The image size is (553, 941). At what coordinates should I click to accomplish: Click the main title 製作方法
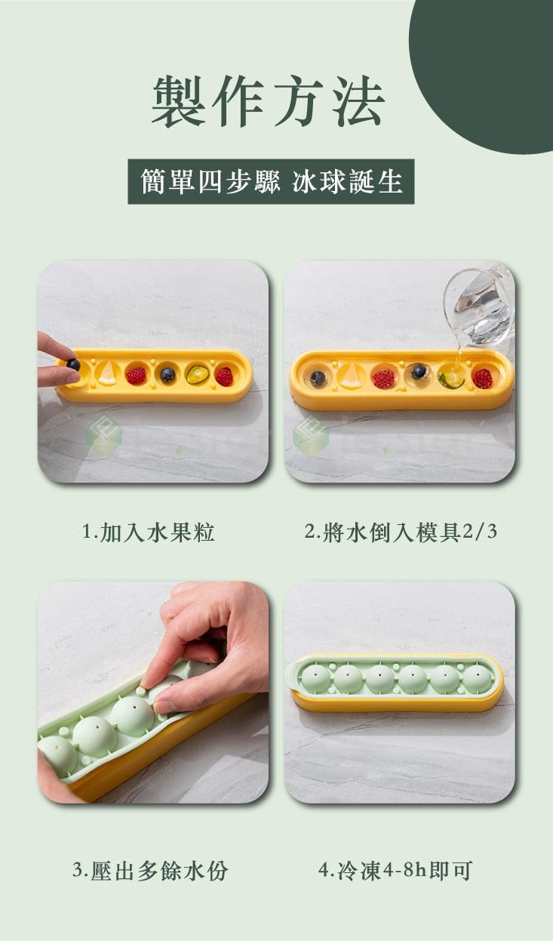269,100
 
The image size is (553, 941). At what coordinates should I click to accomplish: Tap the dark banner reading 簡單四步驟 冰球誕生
271,181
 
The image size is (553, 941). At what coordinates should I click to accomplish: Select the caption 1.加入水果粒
149,532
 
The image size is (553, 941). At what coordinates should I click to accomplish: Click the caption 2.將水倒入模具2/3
401,532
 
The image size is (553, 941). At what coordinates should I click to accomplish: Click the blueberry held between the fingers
73,364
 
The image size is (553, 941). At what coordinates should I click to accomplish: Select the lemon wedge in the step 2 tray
351,376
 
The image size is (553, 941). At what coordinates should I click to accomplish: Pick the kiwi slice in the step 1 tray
198,374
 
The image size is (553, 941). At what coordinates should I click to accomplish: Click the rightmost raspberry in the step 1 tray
225,376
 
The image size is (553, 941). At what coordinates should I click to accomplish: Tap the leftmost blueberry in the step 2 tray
318,378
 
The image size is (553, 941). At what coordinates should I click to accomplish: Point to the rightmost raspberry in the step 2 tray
482,378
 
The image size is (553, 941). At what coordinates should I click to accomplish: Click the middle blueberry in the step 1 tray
167,375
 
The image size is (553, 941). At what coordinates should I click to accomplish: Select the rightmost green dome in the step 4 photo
478,677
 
